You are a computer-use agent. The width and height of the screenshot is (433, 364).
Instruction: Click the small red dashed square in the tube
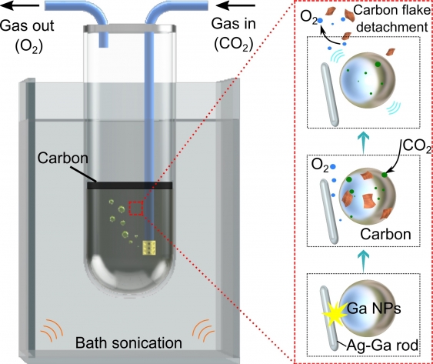tap(136, 209)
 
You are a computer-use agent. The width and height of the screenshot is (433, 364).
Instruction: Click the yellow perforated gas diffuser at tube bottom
tap(148, 249)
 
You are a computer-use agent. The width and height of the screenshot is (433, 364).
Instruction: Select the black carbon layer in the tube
tap(129, 185)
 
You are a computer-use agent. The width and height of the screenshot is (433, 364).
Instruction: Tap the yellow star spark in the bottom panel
tap(338, 315)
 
